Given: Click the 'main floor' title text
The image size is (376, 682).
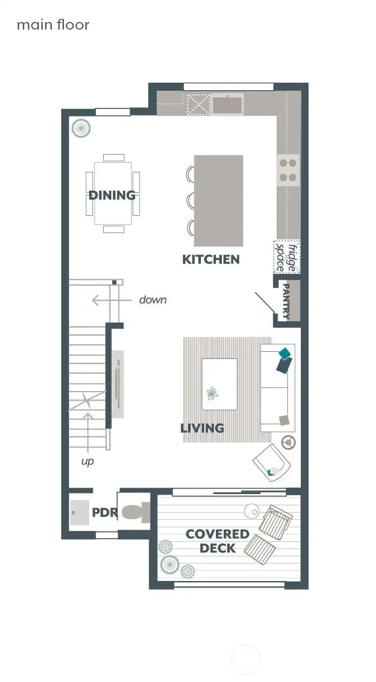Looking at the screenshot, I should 53,25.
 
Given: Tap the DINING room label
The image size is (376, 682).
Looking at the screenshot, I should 112,195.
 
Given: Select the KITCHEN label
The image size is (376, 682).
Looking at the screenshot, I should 211,259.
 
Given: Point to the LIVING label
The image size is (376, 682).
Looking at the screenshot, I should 202,428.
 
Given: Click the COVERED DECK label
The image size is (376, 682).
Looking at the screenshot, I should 218,541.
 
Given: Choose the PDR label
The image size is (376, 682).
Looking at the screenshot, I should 104,512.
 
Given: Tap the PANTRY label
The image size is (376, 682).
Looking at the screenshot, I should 286,301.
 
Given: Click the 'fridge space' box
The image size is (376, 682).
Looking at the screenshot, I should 287,256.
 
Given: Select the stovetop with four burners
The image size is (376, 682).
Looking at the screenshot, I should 288,170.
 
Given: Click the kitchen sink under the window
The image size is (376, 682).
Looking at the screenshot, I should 227,104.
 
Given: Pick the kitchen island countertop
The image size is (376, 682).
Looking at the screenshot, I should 218,200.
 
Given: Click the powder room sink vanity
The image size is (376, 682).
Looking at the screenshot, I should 80,512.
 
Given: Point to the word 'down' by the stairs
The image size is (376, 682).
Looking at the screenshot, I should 153,300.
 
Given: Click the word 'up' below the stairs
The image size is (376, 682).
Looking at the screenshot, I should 88,461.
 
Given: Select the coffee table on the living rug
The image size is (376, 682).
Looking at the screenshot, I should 219,384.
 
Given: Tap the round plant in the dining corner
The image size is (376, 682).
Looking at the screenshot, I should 81,128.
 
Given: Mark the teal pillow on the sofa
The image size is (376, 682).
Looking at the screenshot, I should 284,353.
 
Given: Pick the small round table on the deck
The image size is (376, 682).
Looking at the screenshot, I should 251,511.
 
